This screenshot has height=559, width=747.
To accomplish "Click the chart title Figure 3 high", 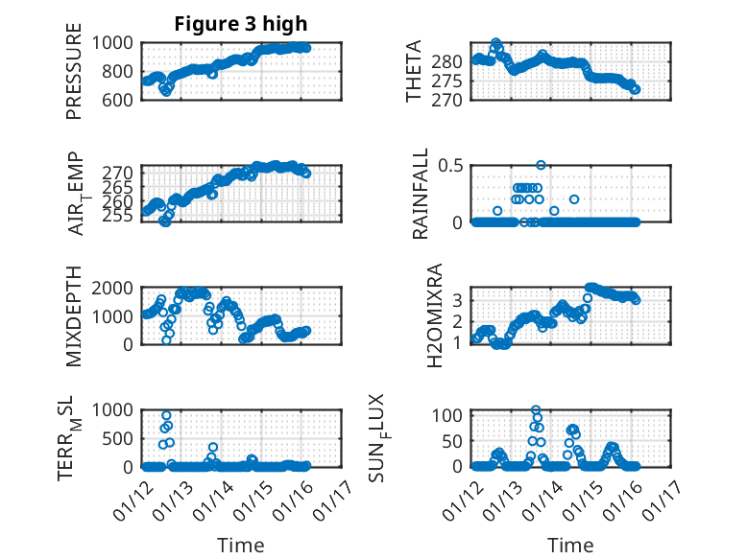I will tap(240, 24).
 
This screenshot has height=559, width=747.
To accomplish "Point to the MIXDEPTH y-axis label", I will tap(74, 317).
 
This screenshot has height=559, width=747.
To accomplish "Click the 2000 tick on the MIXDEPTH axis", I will tap(115, 288).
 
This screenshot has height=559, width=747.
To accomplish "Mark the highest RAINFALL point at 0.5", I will tap(541, 165).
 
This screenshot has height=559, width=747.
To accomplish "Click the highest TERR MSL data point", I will tap(166, 416).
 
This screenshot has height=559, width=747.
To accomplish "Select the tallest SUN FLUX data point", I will tap(536, 410).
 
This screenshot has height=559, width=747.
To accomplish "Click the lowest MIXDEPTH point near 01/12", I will tap(166, 339).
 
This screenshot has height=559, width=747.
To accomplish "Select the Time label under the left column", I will tap(240, 545).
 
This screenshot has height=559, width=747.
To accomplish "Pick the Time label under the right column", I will tap(570, 545).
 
